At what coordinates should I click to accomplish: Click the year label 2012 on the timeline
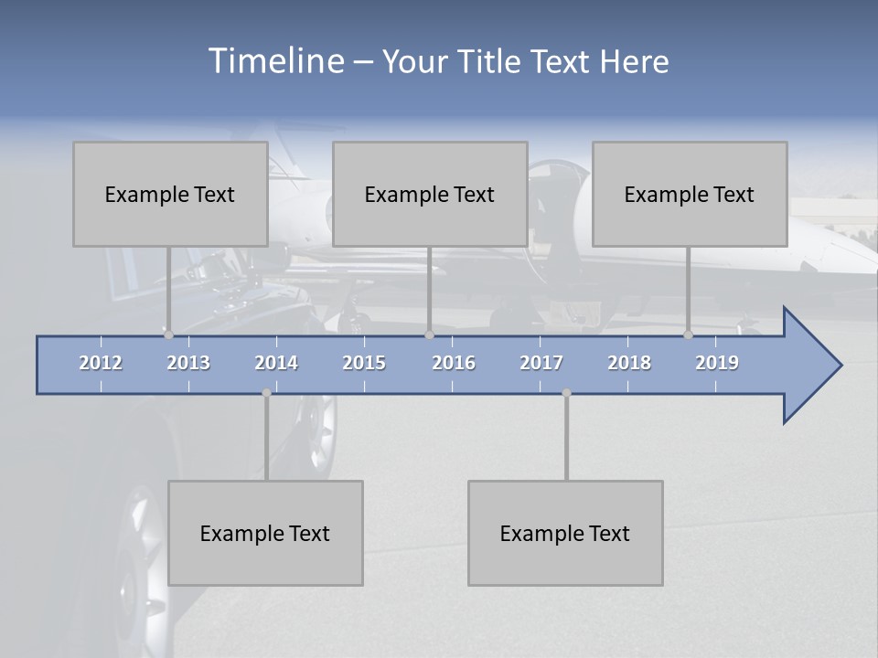tap(101, 363)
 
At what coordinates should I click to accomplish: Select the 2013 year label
tap(188, 363)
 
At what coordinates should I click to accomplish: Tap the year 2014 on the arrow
tap(276, 363)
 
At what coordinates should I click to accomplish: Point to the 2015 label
tap(364, 363)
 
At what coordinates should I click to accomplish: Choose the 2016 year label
tap(454, 363)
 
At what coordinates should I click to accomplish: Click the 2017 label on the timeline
tap(541, 363)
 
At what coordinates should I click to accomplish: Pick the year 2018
tap(629, 363)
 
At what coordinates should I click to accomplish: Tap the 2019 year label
tap(717, 363)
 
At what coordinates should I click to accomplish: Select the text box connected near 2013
tap(170, 194)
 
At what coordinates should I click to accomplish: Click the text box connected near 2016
tap(430, 194)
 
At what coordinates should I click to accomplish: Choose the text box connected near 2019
tap(690, 194)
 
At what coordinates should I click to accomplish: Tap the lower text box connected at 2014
tap(265, 533)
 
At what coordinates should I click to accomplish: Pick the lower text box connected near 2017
tap(565, 533)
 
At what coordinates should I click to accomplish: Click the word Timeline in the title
tap(275, 60)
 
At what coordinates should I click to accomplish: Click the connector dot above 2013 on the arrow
tap(168, 335)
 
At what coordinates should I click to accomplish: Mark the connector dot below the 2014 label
tap(266, 393)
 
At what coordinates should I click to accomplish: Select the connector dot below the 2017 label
tap(566, 393)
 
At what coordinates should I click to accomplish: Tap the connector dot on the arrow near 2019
tap(688, 335)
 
